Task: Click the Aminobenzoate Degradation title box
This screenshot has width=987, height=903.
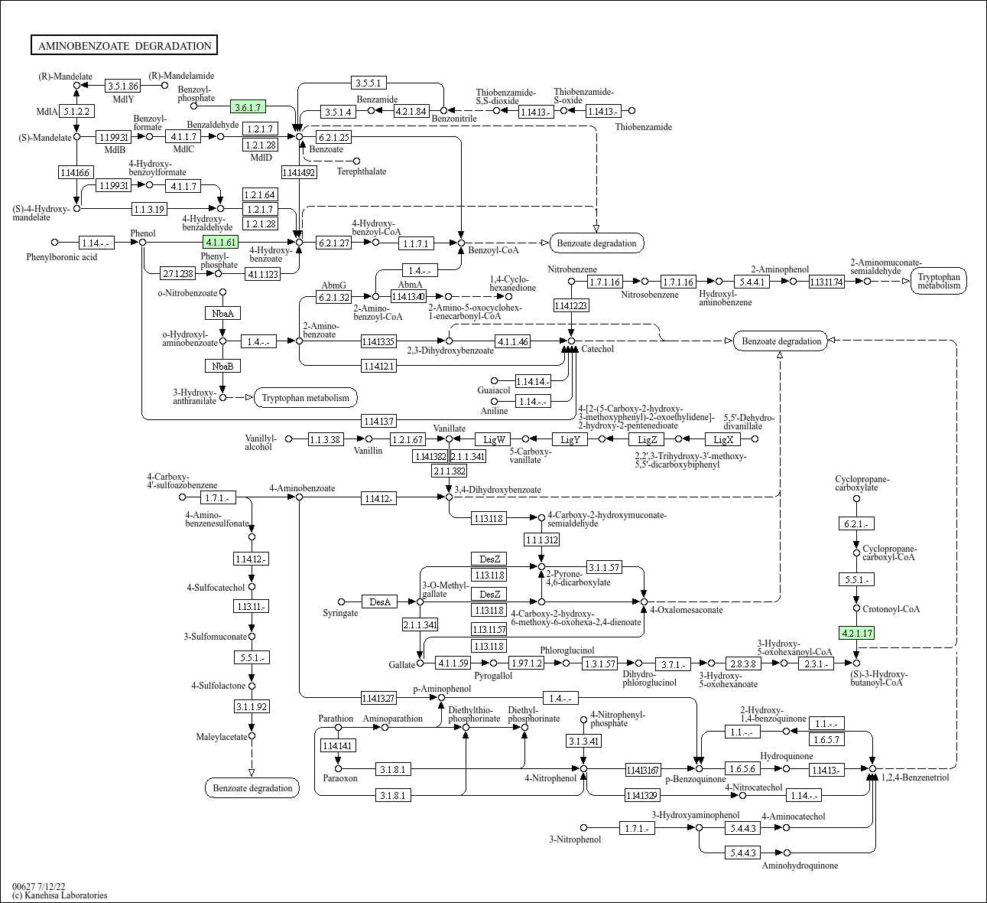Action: [124, 45]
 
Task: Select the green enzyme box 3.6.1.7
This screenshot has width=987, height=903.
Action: [248, 106]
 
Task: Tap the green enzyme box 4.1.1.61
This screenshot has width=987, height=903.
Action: [221, 242]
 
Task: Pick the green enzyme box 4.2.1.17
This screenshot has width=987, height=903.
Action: [856, 633]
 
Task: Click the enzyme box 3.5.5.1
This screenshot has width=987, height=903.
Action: [369, 83]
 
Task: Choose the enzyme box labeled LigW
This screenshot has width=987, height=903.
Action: [494, 439]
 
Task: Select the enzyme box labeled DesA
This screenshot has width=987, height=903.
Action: [380, 601]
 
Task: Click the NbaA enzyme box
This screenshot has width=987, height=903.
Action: [223, 313]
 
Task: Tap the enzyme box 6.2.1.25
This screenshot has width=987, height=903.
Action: [334, 137]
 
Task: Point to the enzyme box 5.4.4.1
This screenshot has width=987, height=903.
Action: [752, 282]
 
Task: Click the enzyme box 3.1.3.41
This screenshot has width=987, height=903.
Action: [584, 741]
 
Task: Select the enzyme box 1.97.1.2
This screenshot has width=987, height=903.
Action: [527, 663]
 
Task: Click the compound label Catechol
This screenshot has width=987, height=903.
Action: [597, 349]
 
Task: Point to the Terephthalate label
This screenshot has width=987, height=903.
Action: [362, 171]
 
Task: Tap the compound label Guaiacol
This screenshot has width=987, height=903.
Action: [494, 390]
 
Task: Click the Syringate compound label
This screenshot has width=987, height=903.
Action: [340, 613]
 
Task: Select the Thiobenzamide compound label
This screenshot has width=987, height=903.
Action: [643, 127]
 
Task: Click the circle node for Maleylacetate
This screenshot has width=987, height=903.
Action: [252, 736]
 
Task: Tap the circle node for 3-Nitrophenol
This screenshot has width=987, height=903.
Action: [583, 828]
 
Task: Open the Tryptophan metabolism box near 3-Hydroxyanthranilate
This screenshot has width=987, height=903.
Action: [306, 398]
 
